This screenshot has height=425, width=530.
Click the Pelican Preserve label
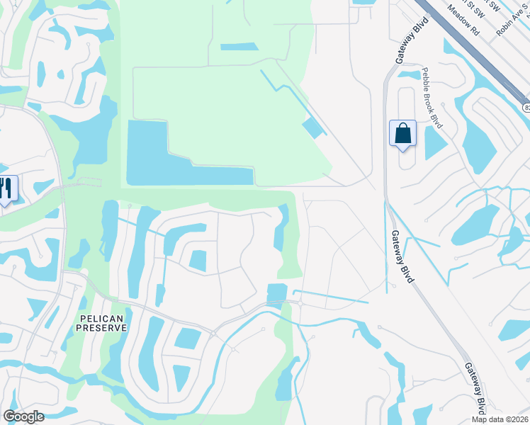(x=103, y=323)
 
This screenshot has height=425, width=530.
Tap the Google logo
(x=24, y=416)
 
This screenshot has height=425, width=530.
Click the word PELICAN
(x=103, y=318)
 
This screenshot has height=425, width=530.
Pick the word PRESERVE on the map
(x=103, y=328)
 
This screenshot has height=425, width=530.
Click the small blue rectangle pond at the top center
(x=239, y=47)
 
